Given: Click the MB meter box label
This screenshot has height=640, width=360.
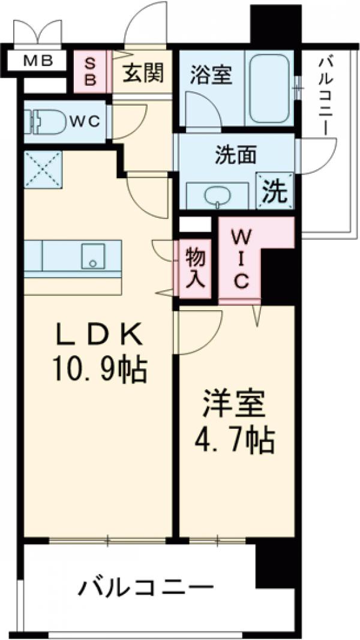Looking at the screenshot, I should point(37,60).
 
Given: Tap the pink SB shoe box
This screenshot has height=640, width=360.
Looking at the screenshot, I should point(89,73).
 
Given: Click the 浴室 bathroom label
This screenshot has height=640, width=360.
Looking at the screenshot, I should point(208,77).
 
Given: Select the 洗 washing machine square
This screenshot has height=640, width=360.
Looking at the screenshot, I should point(275,191).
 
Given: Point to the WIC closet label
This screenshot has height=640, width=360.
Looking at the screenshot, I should point(238,257).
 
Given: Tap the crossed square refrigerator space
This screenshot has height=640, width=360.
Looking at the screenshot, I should point(43,169).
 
